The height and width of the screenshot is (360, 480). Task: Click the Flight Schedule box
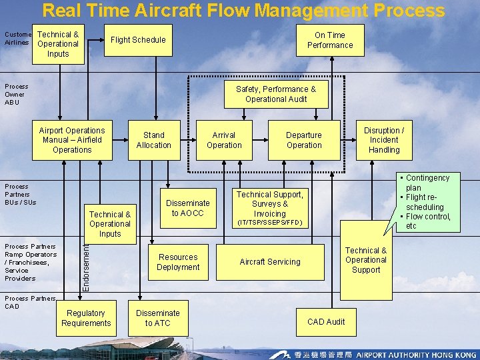tap(138, 40)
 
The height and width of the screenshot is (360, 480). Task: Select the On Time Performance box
tap(330, 40)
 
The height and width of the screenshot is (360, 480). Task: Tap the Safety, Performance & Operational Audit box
tap(276, 94)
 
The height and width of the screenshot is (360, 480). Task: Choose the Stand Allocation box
tap(154, 140)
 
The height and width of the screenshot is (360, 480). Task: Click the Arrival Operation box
tap(224, 140)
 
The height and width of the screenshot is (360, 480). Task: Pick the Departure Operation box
tap(304, 140)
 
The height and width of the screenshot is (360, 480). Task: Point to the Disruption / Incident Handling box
tap(384, 140)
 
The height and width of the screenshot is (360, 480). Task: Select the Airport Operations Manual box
tap(72, 140)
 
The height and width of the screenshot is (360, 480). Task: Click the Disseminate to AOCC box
tap(188, 208)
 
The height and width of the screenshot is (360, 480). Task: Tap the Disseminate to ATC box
tap(158, 318)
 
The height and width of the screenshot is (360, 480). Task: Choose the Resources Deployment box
tap(178, 262)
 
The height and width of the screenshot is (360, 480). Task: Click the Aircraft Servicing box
tap(270, 262)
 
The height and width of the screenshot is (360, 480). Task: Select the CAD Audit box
tap(326, 321)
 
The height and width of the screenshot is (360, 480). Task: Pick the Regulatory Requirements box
tap(86, 318)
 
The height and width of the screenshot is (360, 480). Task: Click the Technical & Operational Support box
tap(366, 260)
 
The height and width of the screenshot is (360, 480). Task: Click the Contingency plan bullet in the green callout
tap(427, 183)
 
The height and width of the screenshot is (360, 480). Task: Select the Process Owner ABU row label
tap(17, 94)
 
